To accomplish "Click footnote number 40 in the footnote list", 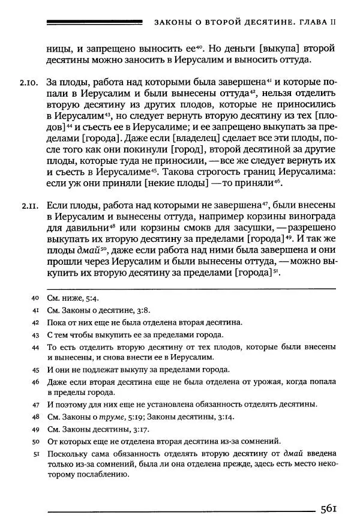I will (x=34, y=298).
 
